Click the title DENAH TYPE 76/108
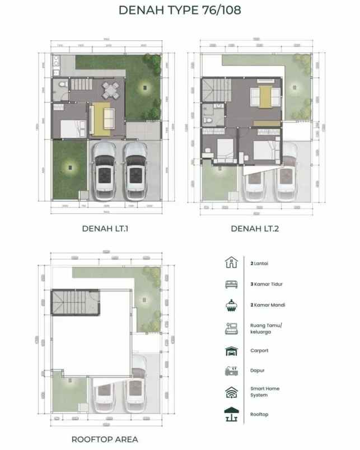[x=180, y=11]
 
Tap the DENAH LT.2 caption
[x=254, y=228]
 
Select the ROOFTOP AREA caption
[x=105, y=439]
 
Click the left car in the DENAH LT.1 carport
[x=105, y=171]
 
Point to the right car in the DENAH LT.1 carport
[x=135, y=171]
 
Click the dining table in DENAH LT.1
[x=110, y=88]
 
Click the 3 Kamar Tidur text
[x=267, y=284]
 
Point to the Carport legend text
[x=259, y=351]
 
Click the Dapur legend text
[x=258, y=371]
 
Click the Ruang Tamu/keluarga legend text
[x=266, y=329]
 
